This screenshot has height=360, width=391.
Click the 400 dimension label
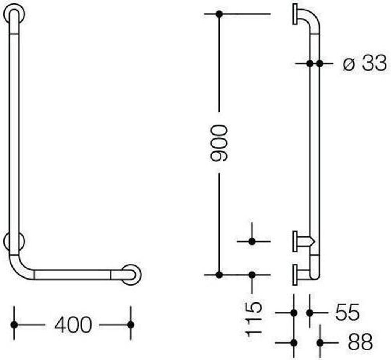pyautogui.click(x=73, y=325)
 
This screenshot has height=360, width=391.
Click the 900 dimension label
pyautogui.click(x=219, y=143)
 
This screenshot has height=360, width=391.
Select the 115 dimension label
pyautogui.click(x=254, y=319)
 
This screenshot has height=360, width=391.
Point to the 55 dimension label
pyautogui.click(x=347, y=312)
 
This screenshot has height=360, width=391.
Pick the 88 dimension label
pyautogui.click(x=360, y=342)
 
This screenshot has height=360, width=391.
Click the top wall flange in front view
pyautogui.click(x=14, y=14)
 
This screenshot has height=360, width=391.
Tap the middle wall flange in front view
pyautogui.click(x=14, y=241)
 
